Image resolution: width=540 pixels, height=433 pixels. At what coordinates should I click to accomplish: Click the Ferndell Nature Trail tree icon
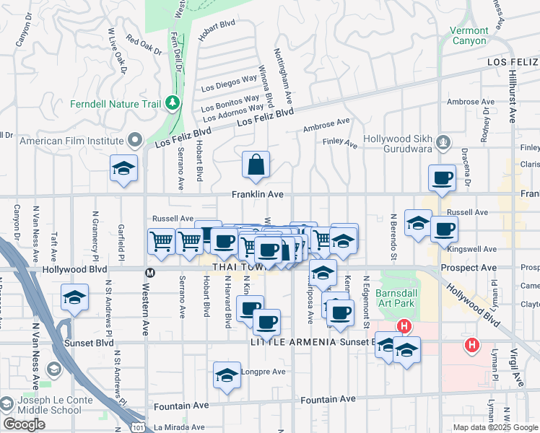172,104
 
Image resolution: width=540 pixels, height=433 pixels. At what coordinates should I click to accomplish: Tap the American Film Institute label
71,141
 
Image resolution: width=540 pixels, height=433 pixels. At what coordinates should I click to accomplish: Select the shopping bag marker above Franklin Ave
256,165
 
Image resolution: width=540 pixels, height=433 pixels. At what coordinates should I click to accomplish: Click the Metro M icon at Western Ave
150,273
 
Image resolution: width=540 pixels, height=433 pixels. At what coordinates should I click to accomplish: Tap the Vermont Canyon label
469,35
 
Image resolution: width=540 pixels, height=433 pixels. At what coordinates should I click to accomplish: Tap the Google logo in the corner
24,424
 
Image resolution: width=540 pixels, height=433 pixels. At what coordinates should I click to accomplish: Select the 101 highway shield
139,427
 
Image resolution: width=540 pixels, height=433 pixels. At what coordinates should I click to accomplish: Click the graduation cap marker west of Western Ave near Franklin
124,170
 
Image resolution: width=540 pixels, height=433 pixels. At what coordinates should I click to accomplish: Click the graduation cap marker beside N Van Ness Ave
74,298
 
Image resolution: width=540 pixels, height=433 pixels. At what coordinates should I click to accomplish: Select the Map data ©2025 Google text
495,427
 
